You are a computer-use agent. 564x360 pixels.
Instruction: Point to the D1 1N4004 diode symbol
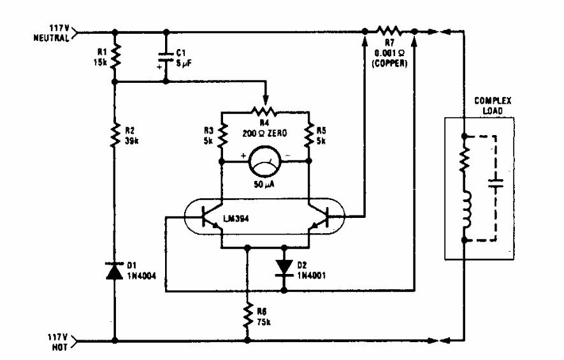click(x=115, y=272)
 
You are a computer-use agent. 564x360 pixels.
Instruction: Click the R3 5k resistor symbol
click(x=222, y=135)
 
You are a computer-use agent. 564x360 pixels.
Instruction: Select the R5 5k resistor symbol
click(x=308, y=135)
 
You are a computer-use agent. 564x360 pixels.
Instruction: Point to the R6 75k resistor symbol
click(x=247, y=314)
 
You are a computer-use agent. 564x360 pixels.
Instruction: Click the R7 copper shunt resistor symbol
click(x=389, y=29)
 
